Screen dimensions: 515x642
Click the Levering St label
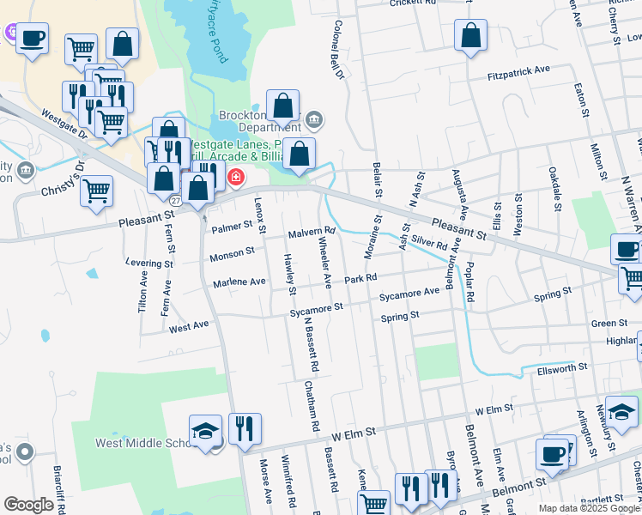tap(148, 263)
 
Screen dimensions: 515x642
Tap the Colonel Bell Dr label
tap(338, 51)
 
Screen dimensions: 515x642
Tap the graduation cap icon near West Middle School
tap(206, 430)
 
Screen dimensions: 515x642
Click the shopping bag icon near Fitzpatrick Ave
tap(470, 35)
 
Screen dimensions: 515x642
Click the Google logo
tap(28, 505)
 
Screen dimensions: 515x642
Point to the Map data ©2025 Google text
tap(588, 508)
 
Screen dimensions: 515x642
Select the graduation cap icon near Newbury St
tap(621, 411)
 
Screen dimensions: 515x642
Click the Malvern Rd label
tap(311, 233)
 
